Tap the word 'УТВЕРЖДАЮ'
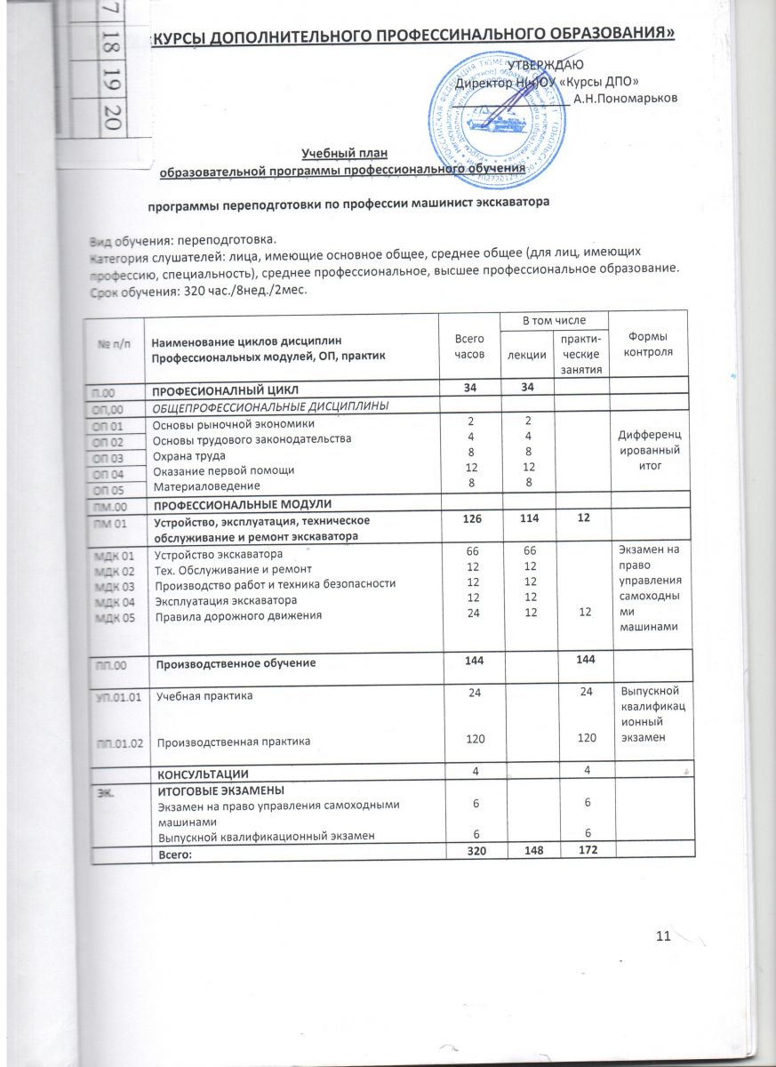coord(545,65)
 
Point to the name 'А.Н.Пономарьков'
coord(626,98)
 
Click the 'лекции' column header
coord(527,354)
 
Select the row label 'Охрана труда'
coord(185,454)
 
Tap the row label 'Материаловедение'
coord(207,485)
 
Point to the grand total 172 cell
coord(583,851)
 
